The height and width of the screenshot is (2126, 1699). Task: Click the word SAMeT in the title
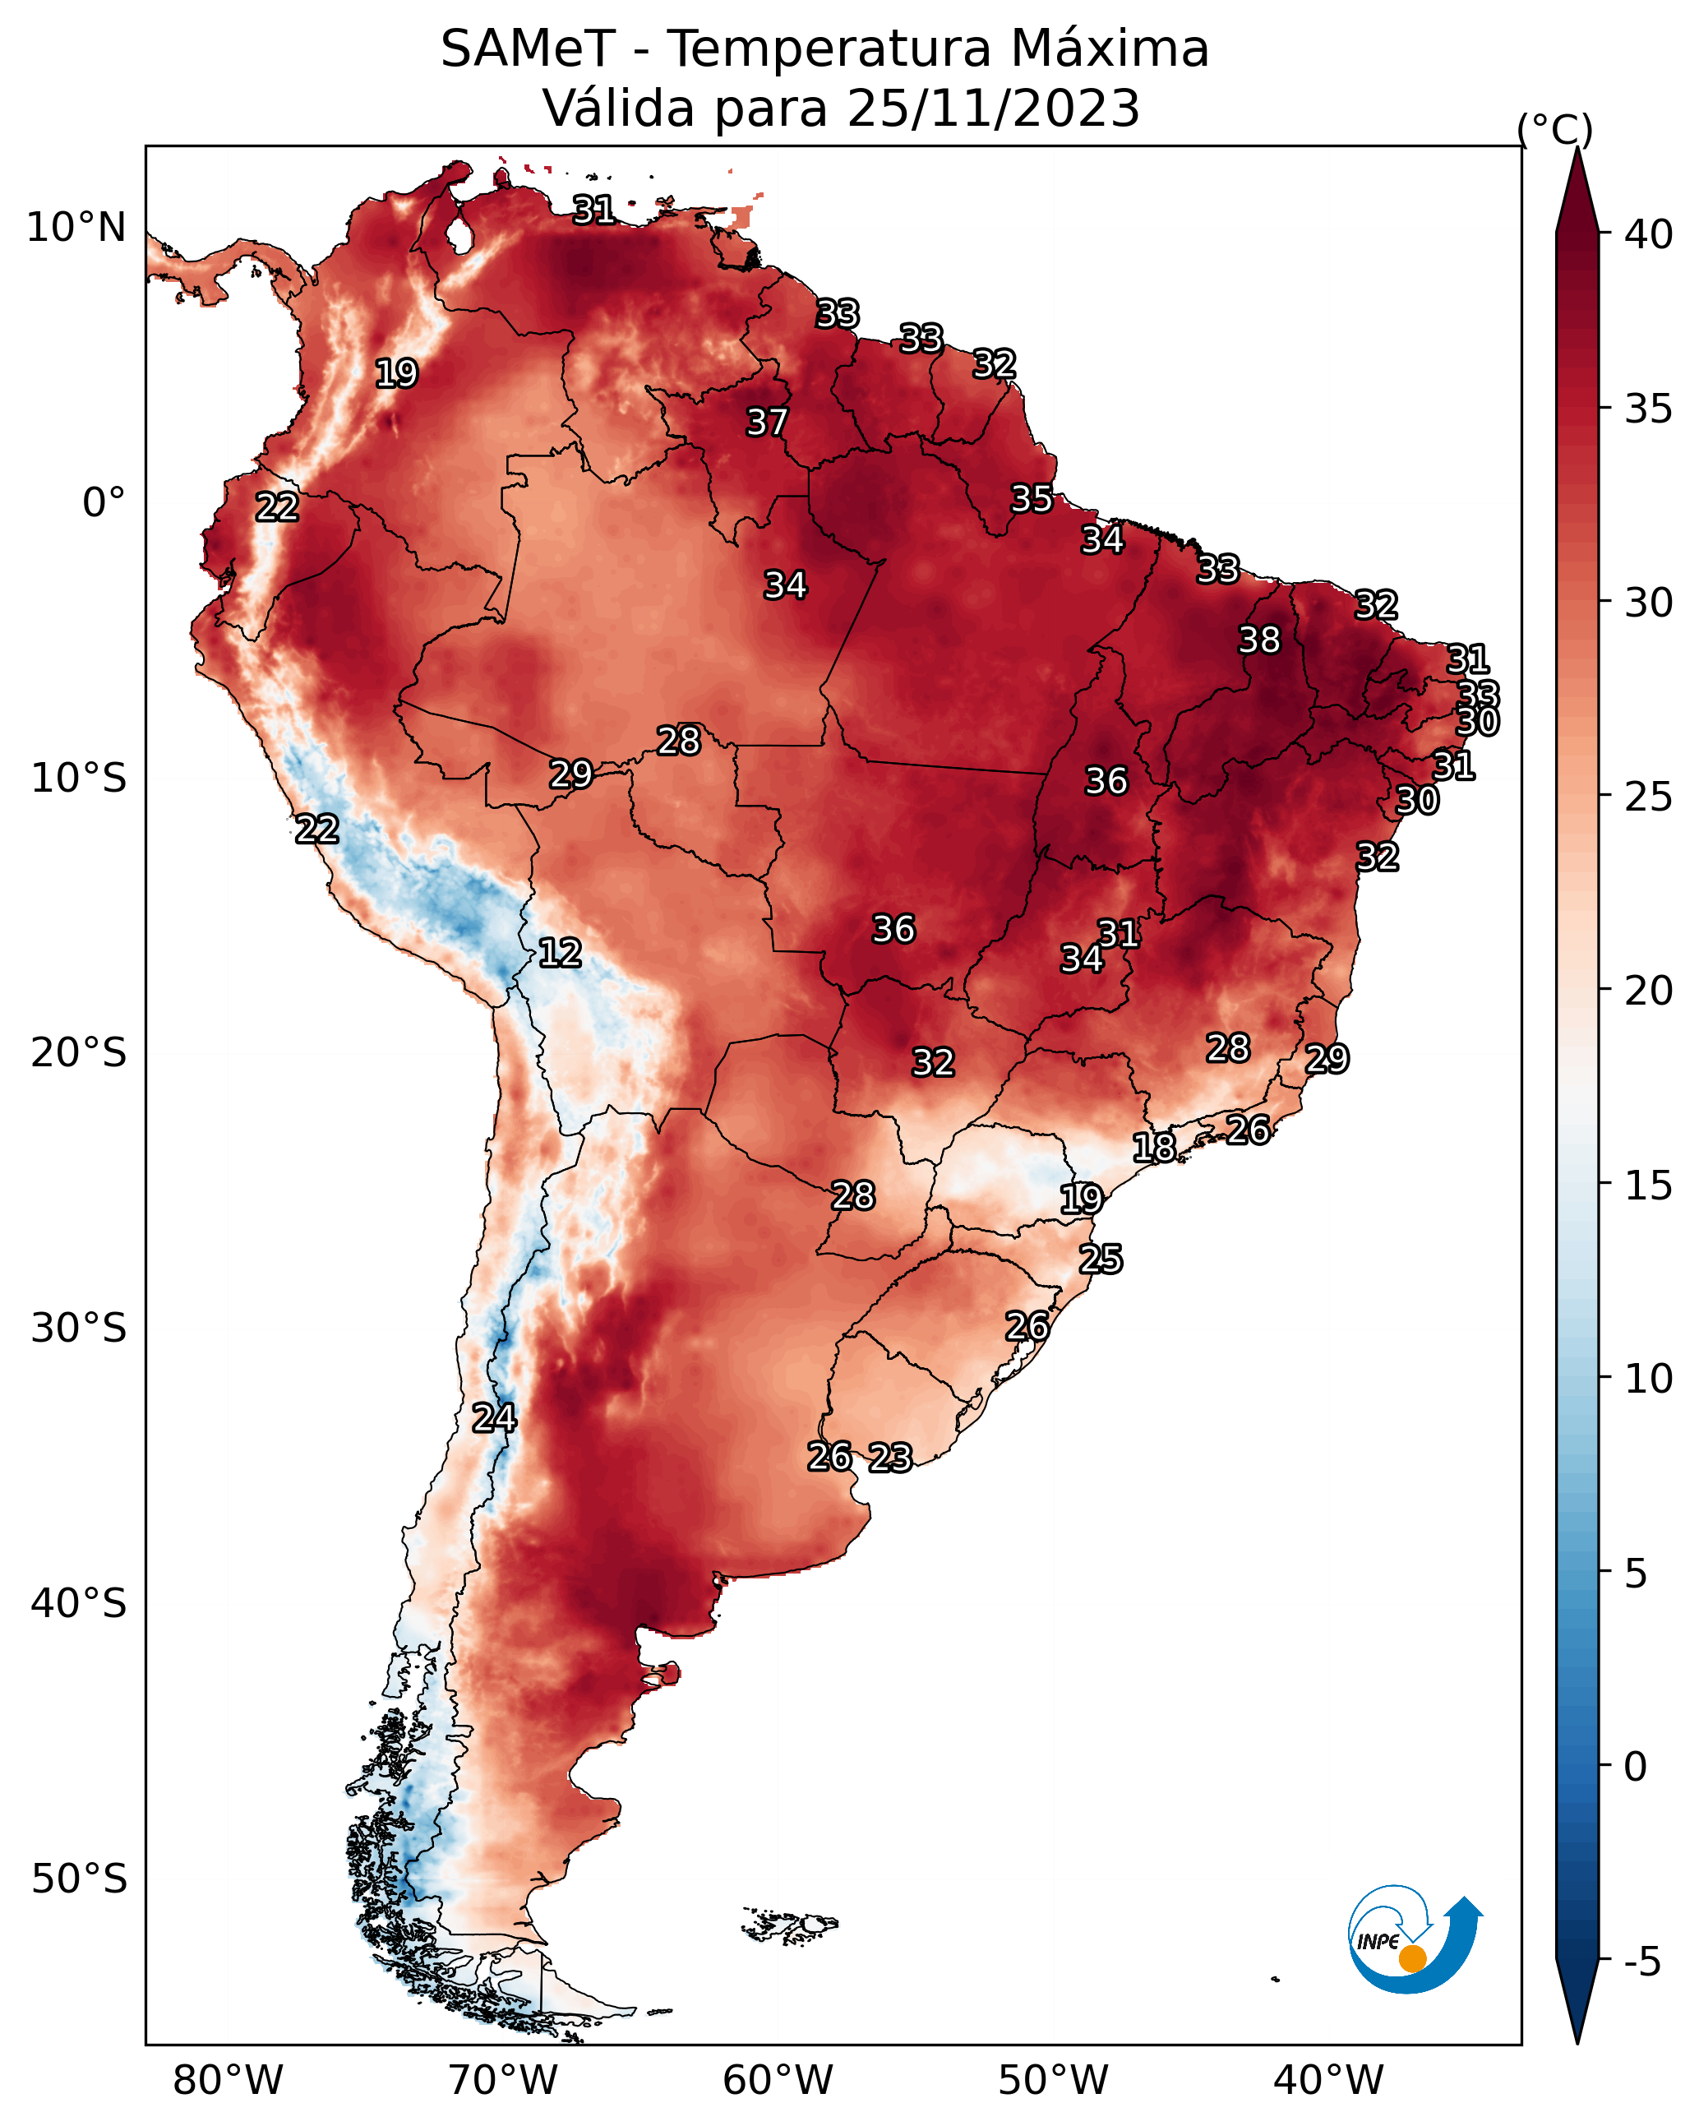528,49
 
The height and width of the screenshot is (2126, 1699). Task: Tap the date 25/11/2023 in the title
993,108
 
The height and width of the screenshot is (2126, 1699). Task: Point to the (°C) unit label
1554,130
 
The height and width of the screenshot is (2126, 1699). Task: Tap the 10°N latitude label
76,228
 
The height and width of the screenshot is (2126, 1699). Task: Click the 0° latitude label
104,503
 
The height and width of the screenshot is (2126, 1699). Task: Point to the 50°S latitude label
79,1879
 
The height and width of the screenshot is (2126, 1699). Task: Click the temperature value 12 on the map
560,953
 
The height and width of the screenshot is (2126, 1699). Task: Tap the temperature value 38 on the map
1259,640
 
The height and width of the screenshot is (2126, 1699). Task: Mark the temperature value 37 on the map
766,422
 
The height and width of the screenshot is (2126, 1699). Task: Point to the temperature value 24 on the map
494,1418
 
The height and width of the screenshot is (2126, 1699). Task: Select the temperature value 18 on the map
1154,1147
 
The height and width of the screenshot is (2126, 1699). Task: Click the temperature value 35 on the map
1032,499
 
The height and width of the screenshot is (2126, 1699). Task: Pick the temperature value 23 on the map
890,1458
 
